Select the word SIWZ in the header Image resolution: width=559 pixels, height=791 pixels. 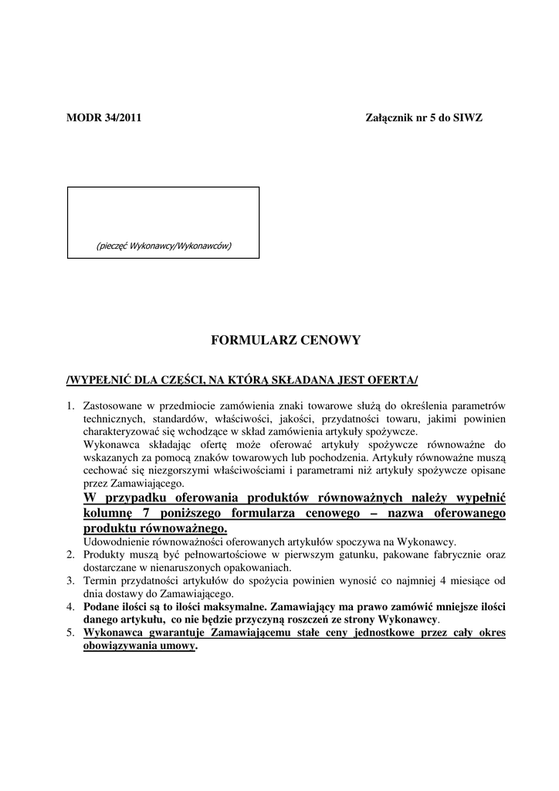tap(468, 118)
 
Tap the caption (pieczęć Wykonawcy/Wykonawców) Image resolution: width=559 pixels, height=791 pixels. tap(164, 246)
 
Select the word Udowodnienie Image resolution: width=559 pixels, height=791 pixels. tap(120, 541)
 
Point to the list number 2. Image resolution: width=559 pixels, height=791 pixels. tap(69, 555)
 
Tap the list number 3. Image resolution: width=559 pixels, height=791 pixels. tap(69, 581)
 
